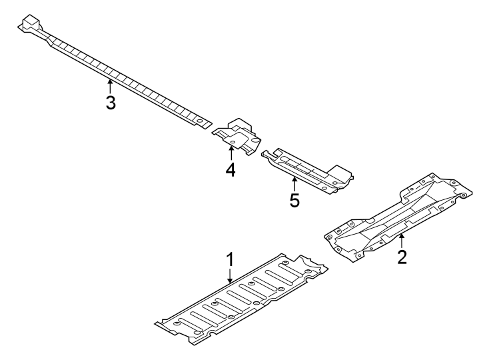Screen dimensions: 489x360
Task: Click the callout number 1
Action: click(x=230, y=258)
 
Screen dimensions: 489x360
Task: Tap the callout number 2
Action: click(x=402, y=257)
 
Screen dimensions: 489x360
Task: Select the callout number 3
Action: click(x=111, y=103)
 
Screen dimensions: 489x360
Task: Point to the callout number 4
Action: click(x=231, y=170)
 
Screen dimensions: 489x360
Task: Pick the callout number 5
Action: click(x=294, y=200)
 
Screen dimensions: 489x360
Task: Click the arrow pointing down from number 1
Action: click(x=230, y=276)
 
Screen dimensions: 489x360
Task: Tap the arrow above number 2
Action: click(x=402, y=239)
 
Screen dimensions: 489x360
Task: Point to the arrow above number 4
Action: click(x=231, y=153)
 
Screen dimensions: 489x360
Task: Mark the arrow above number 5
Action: click(x=294, y=183)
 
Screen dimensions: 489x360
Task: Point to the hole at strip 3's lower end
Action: click(x=198, y=121)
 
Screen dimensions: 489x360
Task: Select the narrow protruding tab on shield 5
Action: click(x=266, y=155)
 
